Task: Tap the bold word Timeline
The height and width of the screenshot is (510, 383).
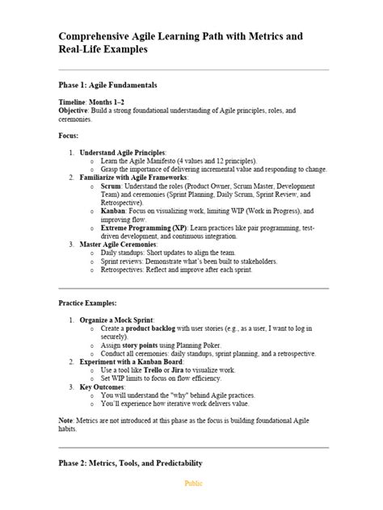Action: point(75,104)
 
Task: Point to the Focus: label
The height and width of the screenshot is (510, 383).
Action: point(69,135)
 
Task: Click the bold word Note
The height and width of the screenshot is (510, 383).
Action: point(66,420)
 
